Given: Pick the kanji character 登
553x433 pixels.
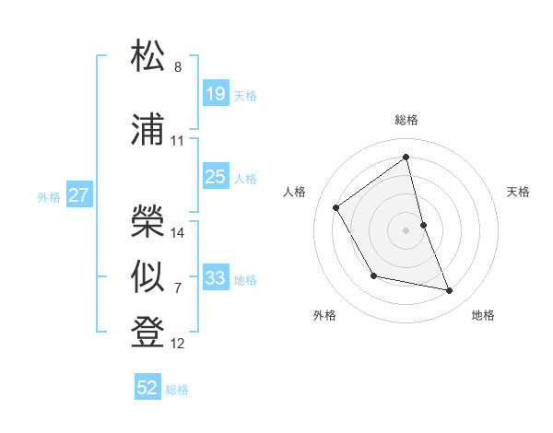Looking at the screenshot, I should [x=148, y=333].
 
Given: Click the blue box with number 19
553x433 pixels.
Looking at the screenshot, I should [x=215, y=94].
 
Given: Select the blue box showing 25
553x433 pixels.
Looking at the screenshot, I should [x=215, y=177].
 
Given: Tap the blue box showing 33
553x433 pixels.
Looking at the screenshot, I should [x=215, y=278].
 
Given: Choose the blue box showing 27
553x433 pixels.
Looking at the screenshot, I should [x=78, y=195].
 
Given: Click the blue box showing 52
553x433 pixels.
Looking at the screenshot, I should [x=147, y=388].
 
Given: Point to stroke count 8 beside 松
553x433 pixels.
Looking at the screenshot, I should [x=178, y=67].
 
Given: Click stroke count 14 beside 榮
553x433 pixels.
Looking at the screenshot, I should [x=178, y=233].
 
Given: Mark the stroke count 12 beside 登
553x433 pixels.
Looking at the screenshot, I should [x=178, y=344].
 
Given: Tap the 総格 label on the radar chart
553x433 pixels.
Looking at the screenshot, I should [x=406, y=120].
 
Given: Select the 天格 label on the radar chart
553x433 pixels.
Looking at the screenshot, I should [x=519, y=192].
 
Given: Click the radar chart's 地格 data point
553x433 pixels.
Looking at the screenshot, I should [x=450, y=291].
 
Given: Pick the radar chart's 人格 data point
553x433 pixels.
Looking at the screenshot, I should [x=336, y=207].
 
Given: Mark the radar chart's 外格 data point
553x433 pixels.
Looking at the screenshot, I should [x=373, y=275].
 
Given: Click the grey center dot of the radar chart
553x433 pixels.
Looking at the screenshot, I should [x=406, y=229].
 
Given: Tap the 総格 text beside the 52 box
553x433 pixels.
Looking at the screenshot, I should [x=177, y=390].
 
